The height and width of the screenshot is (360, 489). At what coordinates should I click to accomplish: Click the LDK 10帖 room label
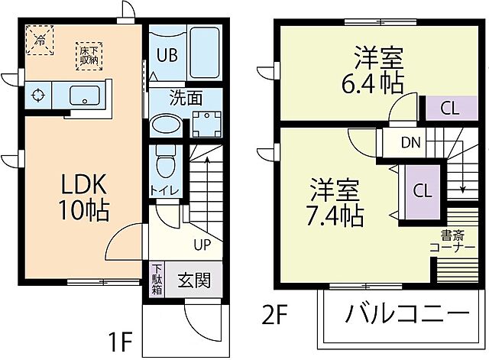coord(83,196)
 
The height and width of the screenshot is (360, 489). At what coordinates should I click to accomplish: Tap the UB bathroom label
coord(167,54)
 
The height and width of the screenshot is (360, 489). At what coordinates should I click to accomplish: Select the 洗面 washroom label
coord(186,98)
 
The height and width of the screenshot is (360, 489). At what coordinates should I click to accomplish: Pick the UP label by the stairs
coord(202,245)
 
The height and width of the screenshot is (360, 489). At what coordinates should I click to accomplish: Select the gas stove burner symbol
coord(37,96)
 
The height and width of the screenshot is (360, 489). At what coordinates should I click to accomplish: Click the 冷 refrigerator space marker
coord(38,37)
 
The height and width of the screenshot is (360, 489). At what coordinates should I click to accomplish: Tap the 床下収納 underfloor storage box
coord(89,54)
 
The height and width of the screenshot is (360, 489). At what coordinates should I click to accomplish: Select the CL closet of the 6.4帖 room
coord(450,108)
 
